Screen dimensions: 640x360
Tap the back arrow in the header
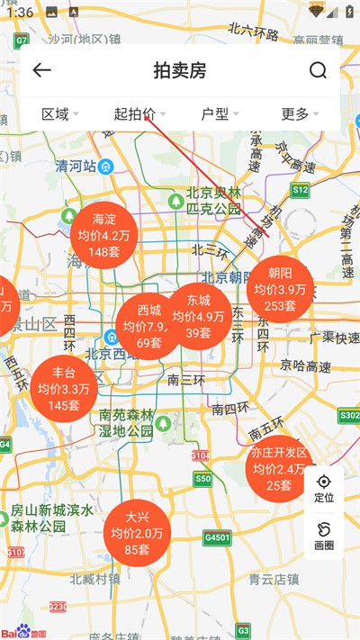41,71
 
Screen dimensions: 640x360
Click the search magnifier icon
318,71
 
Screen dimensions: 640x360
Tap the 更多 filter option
299,113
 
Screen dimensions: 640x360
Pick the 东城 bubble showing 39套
198,316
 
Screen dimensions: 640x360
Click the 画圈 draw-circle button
324,536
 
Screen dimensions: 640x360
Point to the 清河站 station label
82,167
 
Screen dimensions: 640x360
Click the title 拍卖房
180,71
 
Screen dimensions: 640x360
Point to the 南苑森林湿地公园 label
126,423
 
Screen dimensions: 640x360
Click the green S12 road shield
301,191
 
